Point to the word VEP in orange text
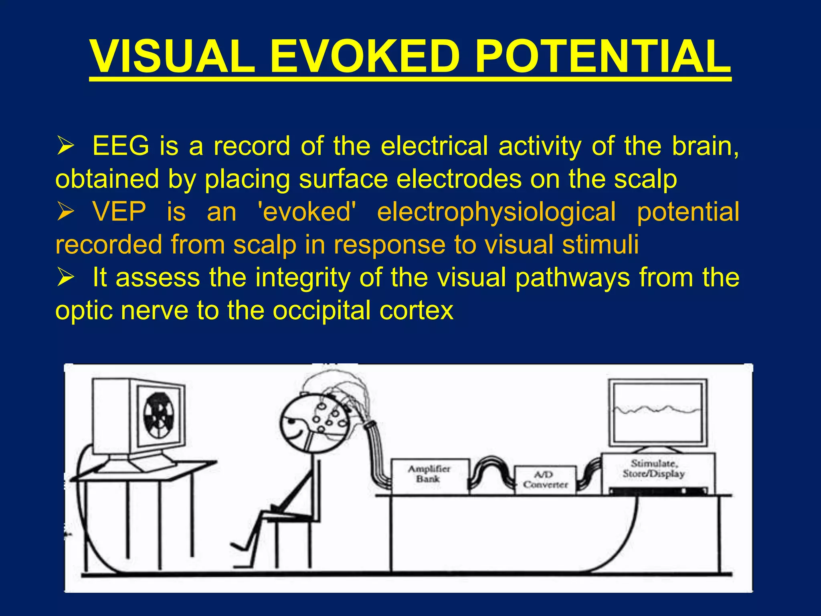point(119,211)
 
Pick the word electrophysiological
point(496,211)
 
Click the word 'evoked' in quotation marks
point(307,211)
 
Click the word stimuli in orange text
point(600,244)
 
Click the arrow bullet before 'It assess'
point(65,278)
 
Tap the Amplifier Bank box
point(429,475)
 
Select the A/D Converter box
point(545,480)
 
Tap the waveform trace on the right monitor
point(657,409)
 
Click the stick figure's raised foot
point(239,546)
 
